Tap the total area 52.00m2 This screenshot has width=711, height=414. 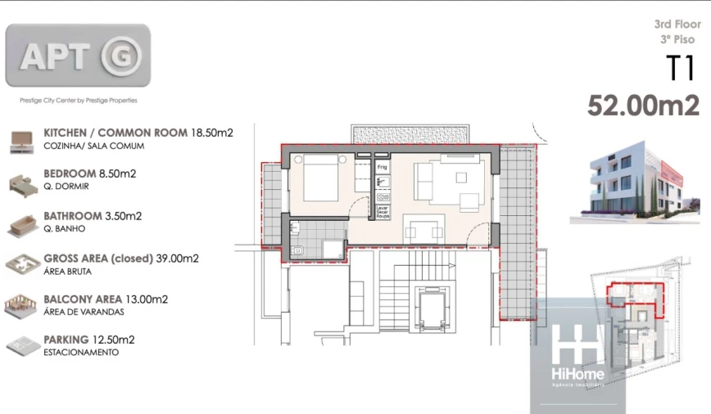click(643, 106)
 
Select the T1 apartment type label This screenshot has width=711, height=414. click(681, 70)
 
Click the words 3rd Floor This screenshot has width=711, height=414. click(677, 25)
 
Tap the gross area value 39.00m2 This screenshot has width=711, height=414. click(176, 259)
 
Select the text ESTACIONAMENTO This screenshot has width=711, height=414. click(81, 353)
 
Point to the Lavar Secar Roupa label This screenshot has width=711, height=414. click(382, 213)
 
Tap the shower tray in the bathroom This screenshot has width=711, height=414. click(333, 249)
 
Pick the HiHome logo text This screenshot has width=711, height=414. click(577, 374)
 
